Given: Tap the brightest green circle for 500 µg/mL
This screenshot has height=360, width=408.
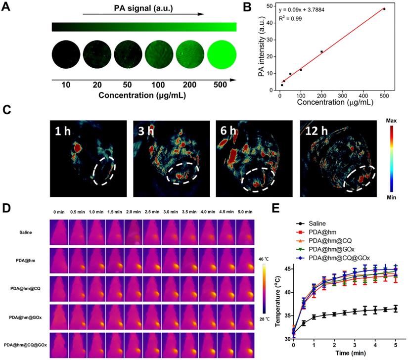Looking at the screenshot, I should pyautogui.click(x=221, y=55).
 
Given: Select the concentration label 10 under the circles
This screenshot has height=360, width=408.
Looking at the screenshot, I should pyautogui.click(x=66, y=85).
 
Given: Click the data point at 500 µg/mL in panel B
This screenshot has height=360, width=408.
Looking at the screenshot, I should pyautogui.click(x=384, y=9).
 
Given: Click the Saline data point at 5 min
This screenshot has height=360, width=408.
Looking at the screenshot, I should pyautogui.click(x=395, y=309).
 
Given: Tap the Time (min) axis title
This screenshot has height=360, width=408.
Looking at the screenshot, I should pyautogui.click(x=344, y=353).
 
